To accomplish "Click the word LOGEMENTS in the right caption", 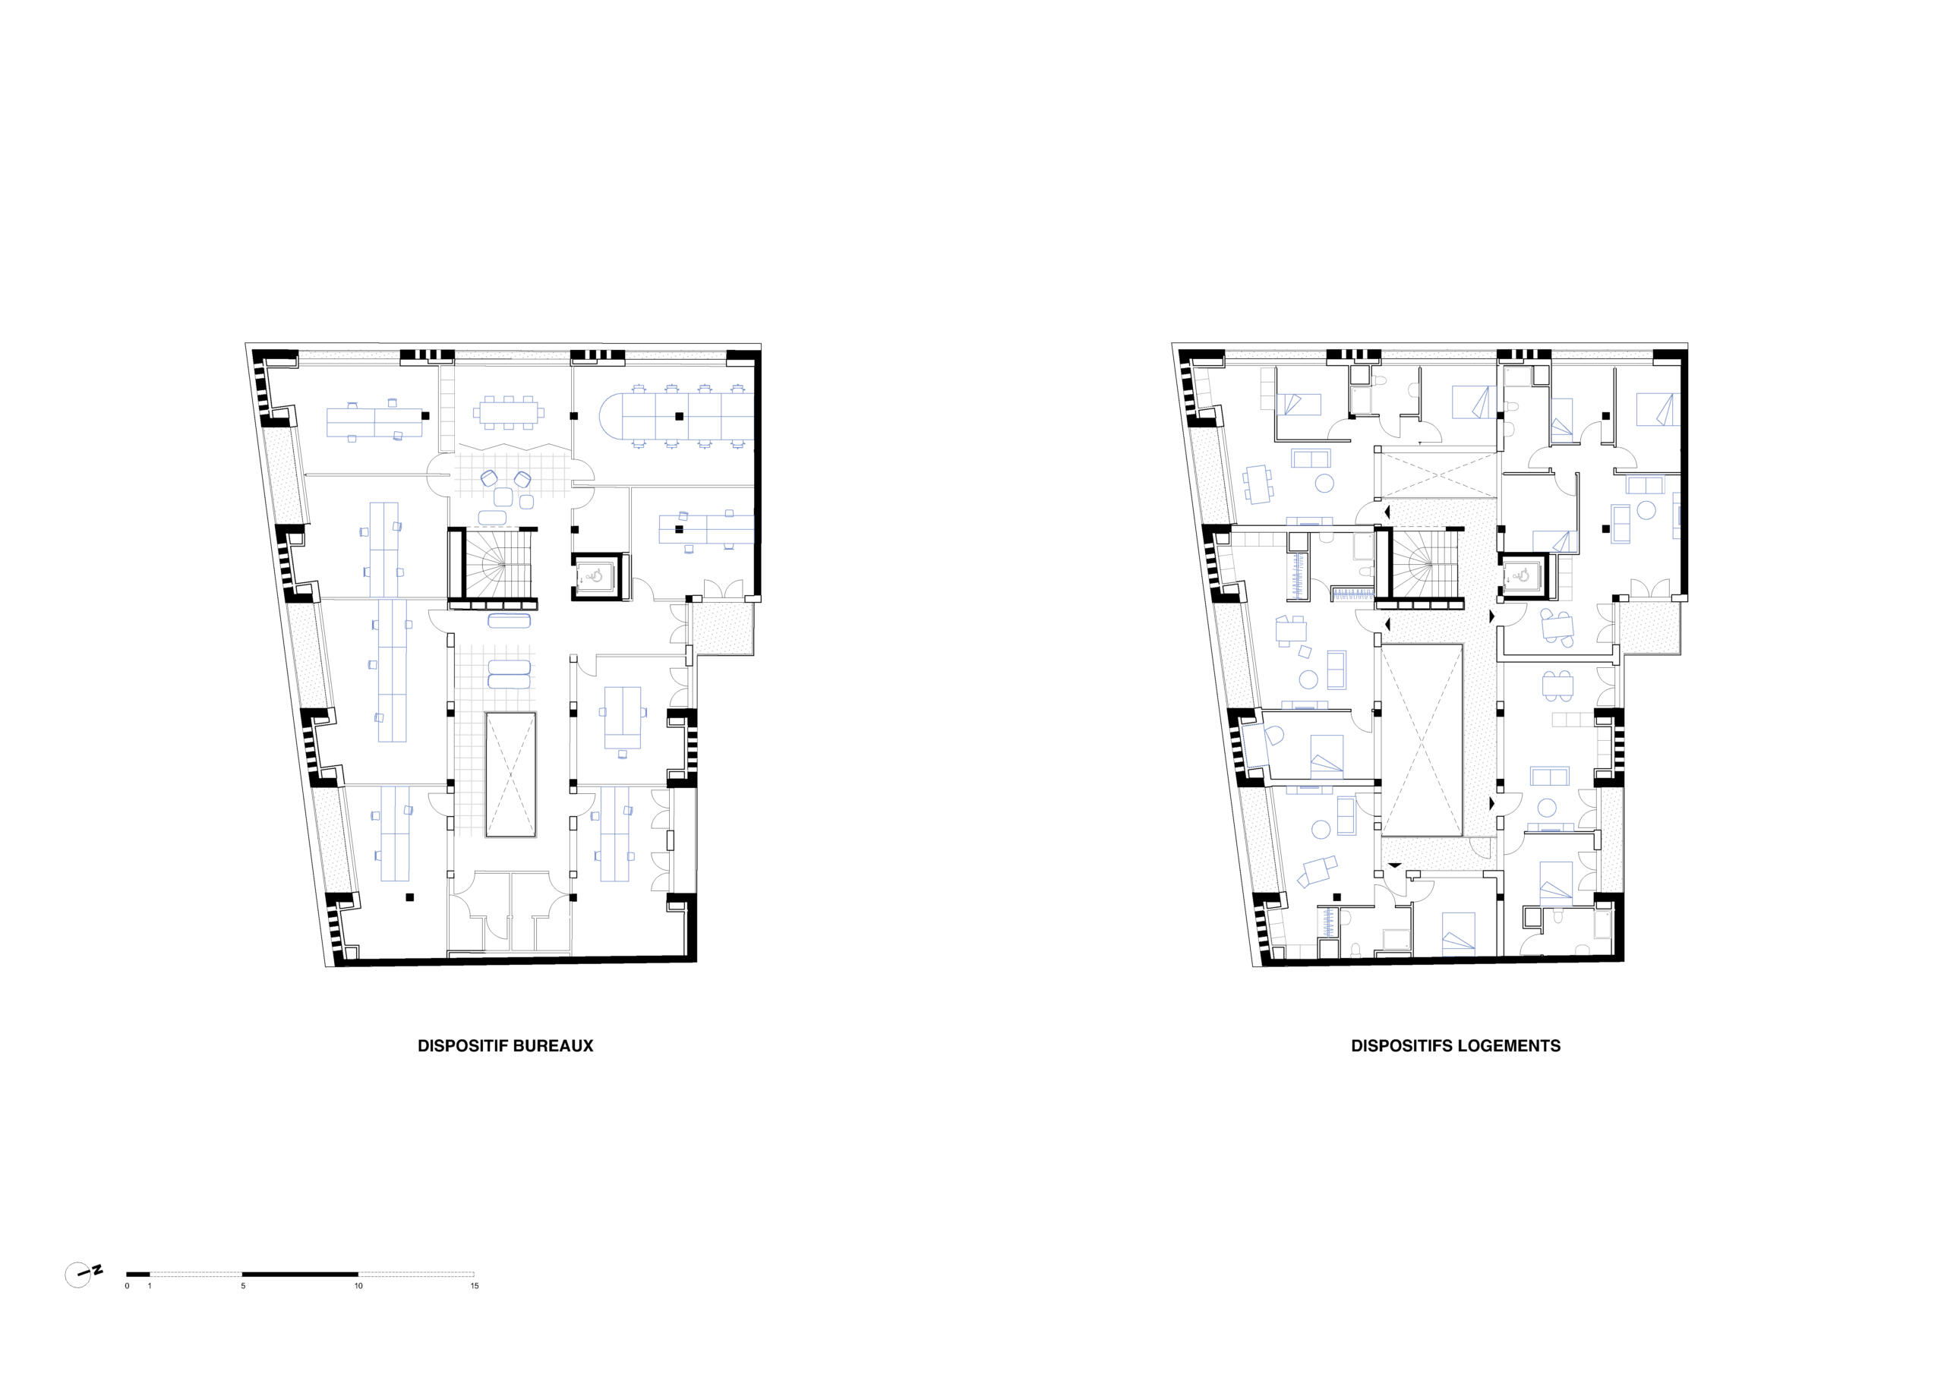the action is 1508,1045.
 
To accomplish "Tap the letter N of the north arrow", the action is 98,1269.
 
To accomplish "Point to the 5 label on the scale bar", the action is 243,1286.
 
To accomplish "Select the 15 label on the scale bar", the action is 474,1286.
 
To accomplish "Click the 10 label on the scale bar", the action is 358,1286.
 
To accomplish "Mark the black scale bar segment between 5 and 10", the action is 300,1273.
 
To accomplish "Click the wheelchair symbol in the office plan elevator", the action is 596,575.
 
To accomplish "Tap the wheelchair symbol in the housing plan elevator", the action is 1523,575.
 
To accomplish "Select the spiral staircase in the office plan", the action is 493,565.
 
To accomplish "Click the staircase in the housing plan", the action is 1419,565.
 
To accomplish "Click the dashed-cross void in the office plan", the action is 510,774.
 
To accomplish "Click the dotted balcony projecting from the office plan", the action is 721,627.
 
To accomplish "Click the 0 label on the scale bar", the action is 127,1286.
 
